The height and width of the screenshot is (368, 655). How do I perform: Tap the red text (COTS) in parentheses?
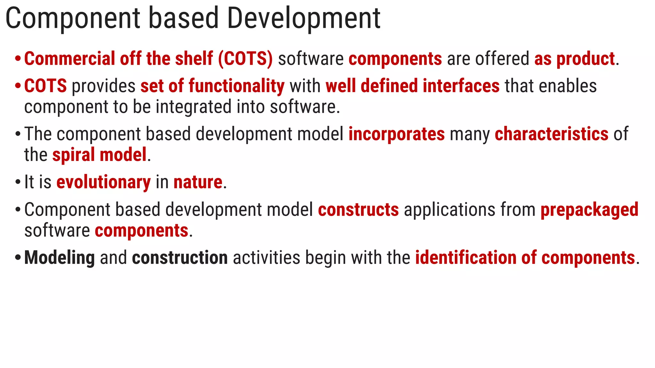pos(246,59)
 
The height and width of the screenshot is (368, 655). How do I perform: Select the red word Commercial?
pos(69,59)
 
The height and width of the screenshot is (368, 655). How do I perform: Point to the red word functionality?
pos(236,86)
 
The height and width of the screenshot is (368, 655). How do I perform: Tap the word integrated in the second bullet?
pos(193,107)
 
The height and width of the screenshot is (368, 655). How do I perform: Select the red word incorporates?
pos(396,134)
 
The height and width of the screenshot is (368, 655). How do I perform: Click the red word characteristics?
pos(551,134)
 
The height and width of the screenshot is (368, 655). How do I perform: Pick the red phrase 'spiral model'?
pos(99,155)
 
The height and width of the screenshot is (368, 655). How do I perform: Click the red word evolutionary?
pos(103,182)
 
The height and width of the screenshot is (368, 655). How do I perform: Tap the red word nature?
pos(198,182)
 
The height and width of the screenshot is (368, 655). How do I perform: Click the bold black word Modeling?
pos(59,258)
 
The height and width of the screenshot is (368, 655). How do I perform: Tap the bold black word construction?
pos(180,258)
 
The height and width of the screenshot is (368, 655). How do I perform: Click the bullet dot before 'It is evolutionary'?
pos(18,183)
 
